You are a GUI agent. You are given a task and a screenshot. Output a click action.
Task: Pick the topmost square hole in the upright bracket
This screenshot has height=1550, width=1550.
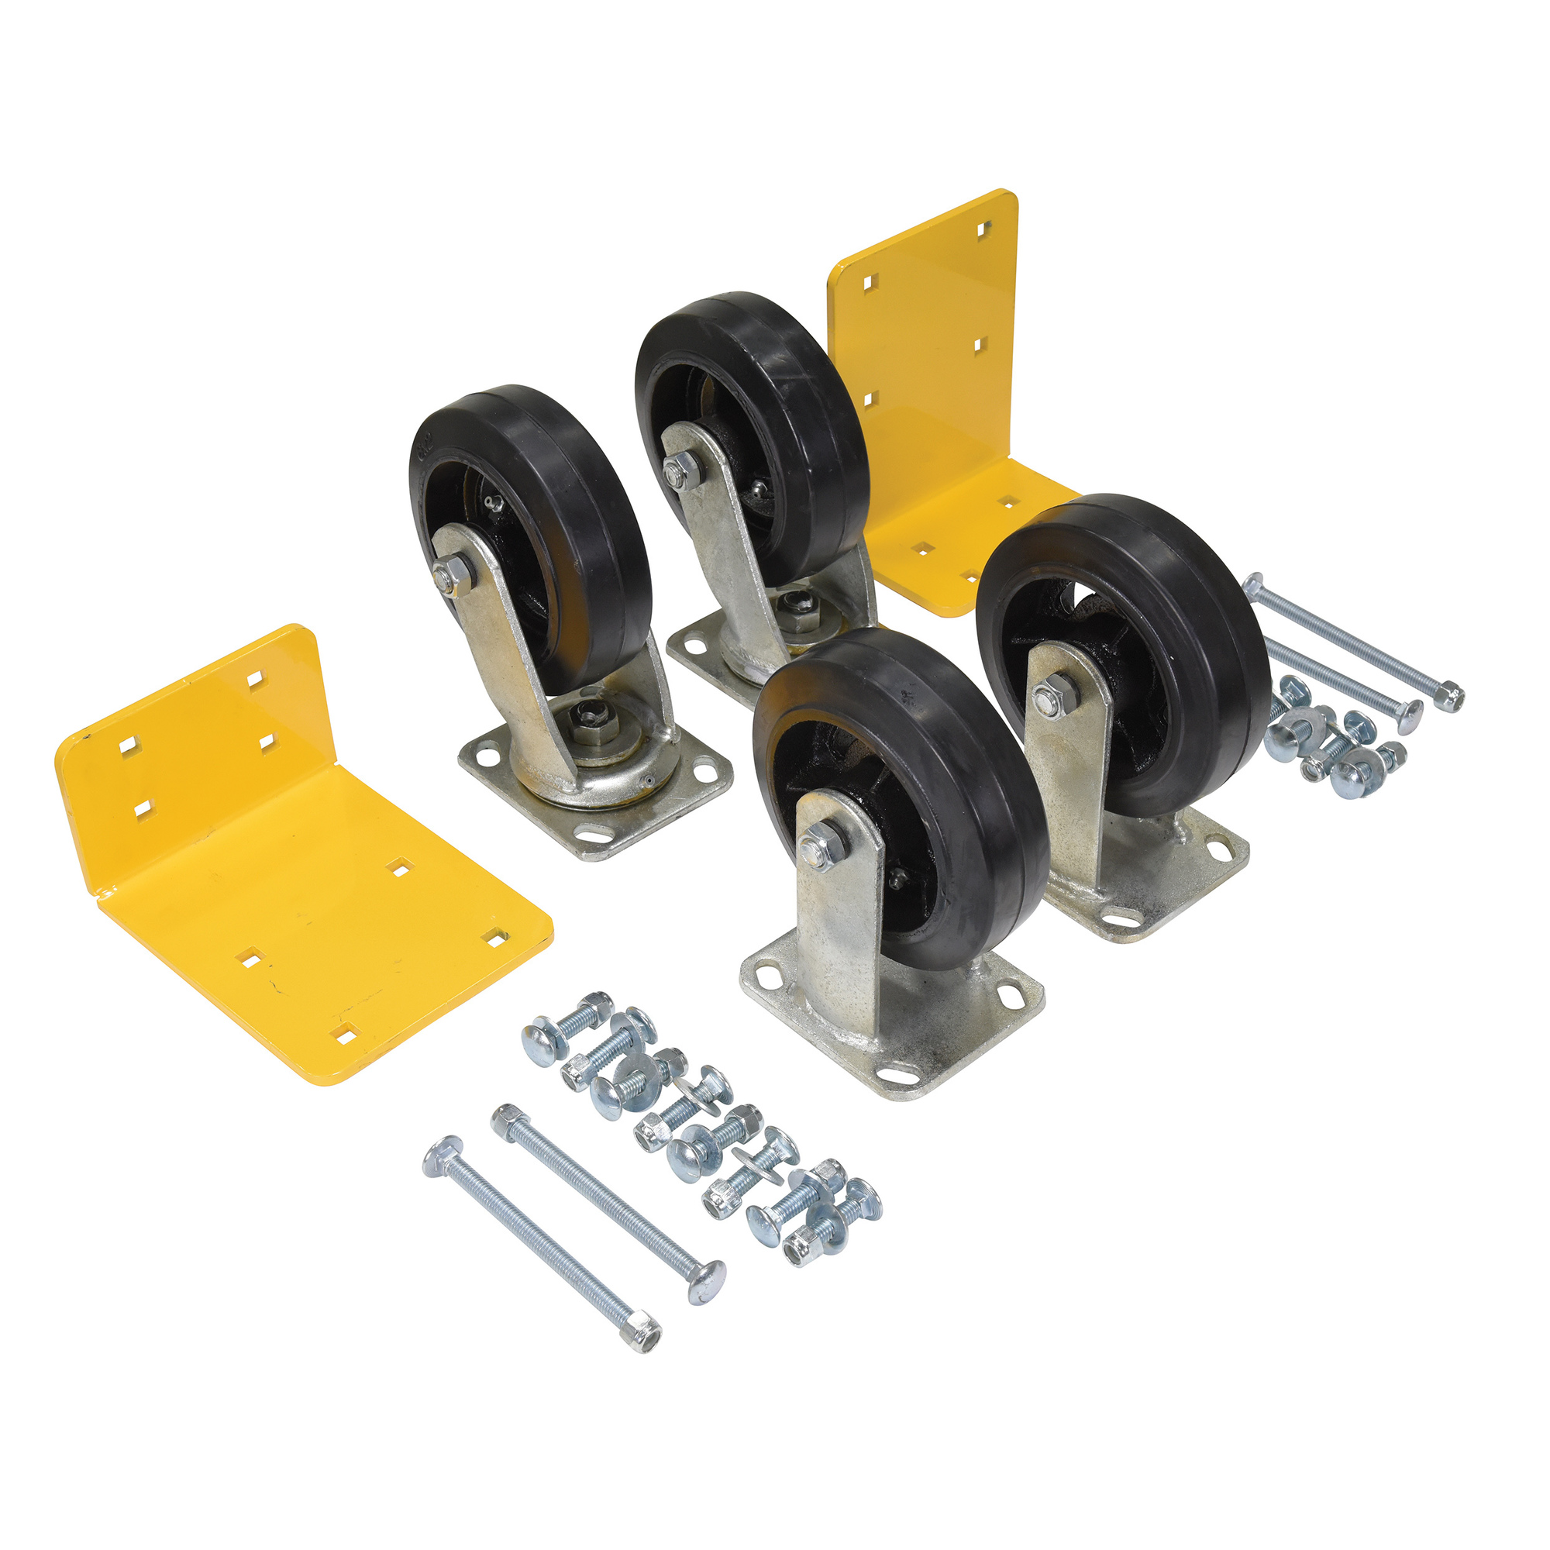(981, 230)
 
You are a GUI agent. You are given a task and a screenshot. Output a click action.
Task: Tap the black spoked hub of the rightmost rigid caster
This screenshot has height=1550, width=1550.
(1123, 690)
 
